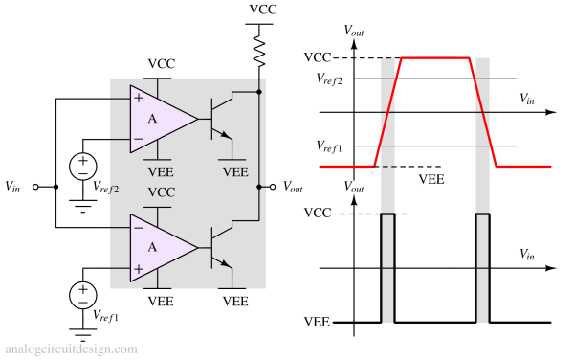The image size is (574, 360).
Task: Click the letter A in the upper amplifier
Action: [152, 119]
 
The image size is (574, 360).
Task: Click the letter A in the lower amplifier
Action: [152, 247]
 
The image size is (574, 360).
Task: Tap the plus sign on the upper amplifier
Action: [139, 98]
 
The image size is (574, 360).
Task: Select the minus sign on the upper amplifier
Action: [139, 140]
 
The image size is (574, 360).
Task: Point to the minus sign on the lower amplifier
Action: [139, 227]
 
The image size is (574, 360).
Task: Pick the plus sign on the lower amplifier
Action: [139, 269]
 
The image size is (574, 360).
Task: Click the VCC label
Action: [161, 192]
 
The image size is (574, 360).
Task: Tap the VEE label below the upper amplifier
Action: [161, 172]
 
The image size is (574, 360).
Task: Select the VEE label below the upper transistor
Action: [235, 172]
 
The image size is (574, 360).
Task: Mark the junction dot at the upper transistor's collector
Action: [259, 93]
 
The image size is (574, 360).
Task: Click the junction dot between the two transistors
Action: [259, 187]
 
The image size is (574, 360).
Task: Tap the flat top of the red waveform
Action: [435, 58]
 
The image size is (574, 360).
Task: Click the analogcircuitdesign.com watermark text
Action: [71, 349]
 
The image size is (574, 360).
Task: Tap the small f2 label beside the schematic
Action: [114, 190]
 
